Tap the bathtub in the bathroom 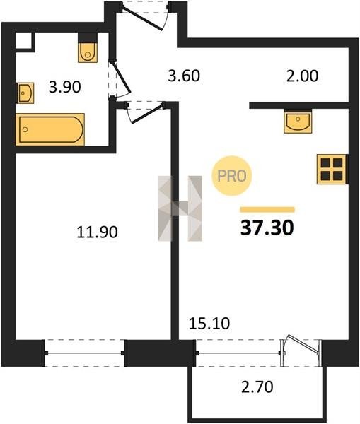pyautogui.click(x=50, y=129)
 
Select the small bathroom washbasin pyautogui.click(x=25, y=93)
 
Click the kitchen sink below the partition pyautogui.click(x=298, y=121)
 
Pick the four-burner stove pyautogui.click(x=332, y=170)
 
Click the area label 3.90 pyautogui.click(x=65, y=88)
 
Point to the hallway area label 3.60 pyautogui.click(x=184, y=76)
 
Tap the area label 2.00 pyautogui.click(x=302, y=76)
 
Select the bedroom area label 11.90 pyautogui.click(x=97, y=232)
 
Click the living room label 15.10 pyautogui.click(x=209, y=324)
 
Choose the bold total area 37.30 pyautogui.click(x=267, y=228)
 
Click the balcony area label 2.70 pyautogui.click(x=257, y=387)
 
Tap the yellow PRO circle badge pyautogui.click(x=232, y=176)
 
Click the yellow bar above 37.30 pyautogui.click(x=267, y=210)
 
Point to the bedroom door pyautogui.click(x=145, y=112)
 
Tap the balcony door pyautogui.click(x=301, y=351)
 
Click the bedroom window pyautogui.click(x=84, y=353)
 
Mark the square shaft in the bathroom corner pyautogui.click(x=23, y=42)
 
